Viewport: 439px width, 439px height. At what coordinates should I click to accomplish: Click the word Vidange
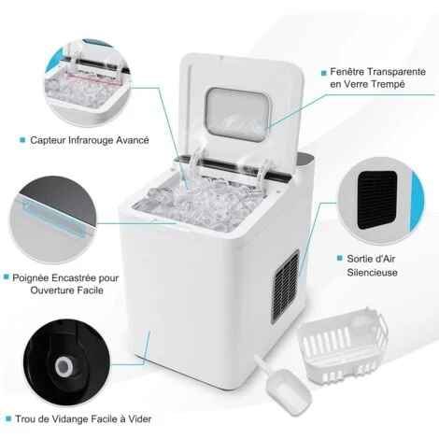click(x=74, y=418)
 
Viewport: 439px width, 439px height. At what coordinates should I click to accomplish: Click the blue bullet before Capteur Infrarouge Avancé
click(x=21, y=141)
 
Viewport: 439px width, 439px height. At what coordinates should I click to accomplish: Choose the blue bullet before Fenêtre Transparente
click(x=322, y=71)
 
